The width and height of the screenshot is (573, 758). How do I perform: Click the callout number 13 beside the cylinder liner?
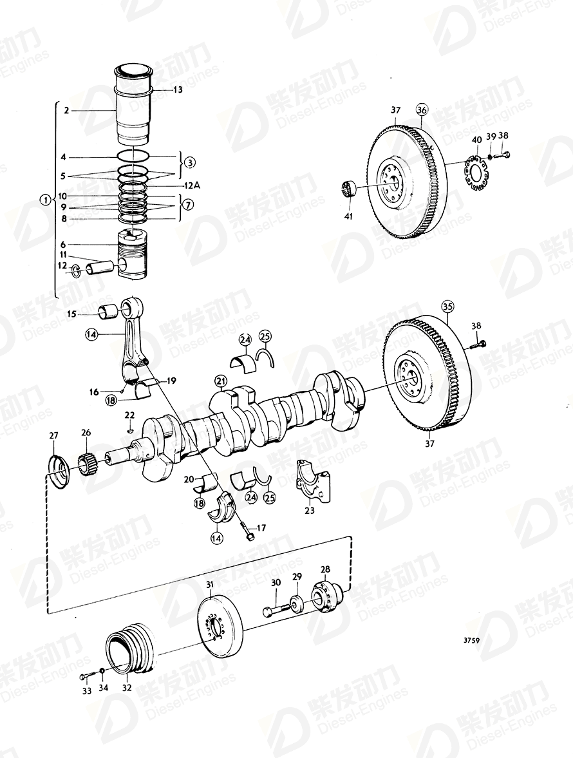[178, 90]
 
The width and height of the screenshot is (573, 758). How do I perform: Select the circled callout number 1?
[44, 200]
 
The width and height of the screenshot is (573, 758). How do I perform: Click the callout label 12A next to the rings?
[193, 185]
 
